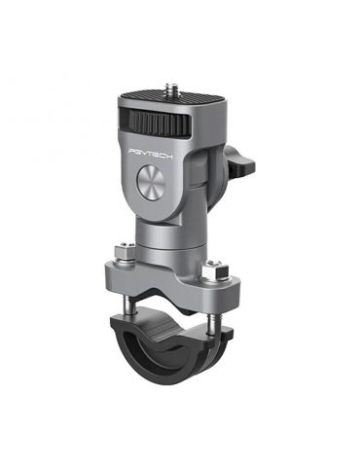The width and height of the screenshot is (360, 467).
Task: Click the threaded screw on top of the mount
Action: (x=171, y=88)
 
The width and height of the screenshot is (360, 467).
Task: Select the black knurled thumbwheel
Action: (x=155, y=121)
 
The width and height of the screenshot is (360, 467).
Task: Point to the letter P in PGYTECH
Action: (x=132, y=150)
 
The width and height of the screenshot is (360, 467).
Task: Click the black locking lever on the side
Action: (x=240, y=160)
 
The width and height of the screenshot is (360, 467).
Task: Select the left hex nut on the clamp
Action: (x=125, y=253)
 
